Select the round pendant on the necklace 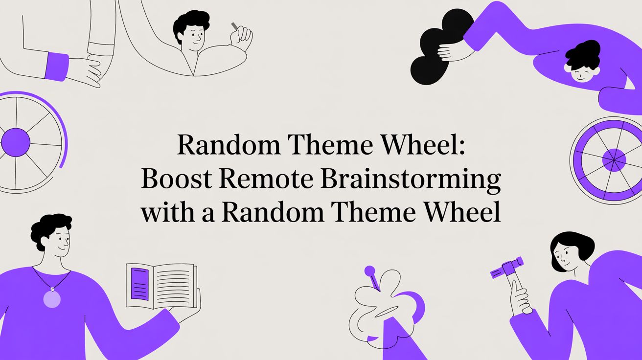[52, 299]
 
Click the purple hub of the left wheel [15, 142]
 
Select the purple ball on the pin [369, 270]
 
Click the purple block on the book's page [140, 284]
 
